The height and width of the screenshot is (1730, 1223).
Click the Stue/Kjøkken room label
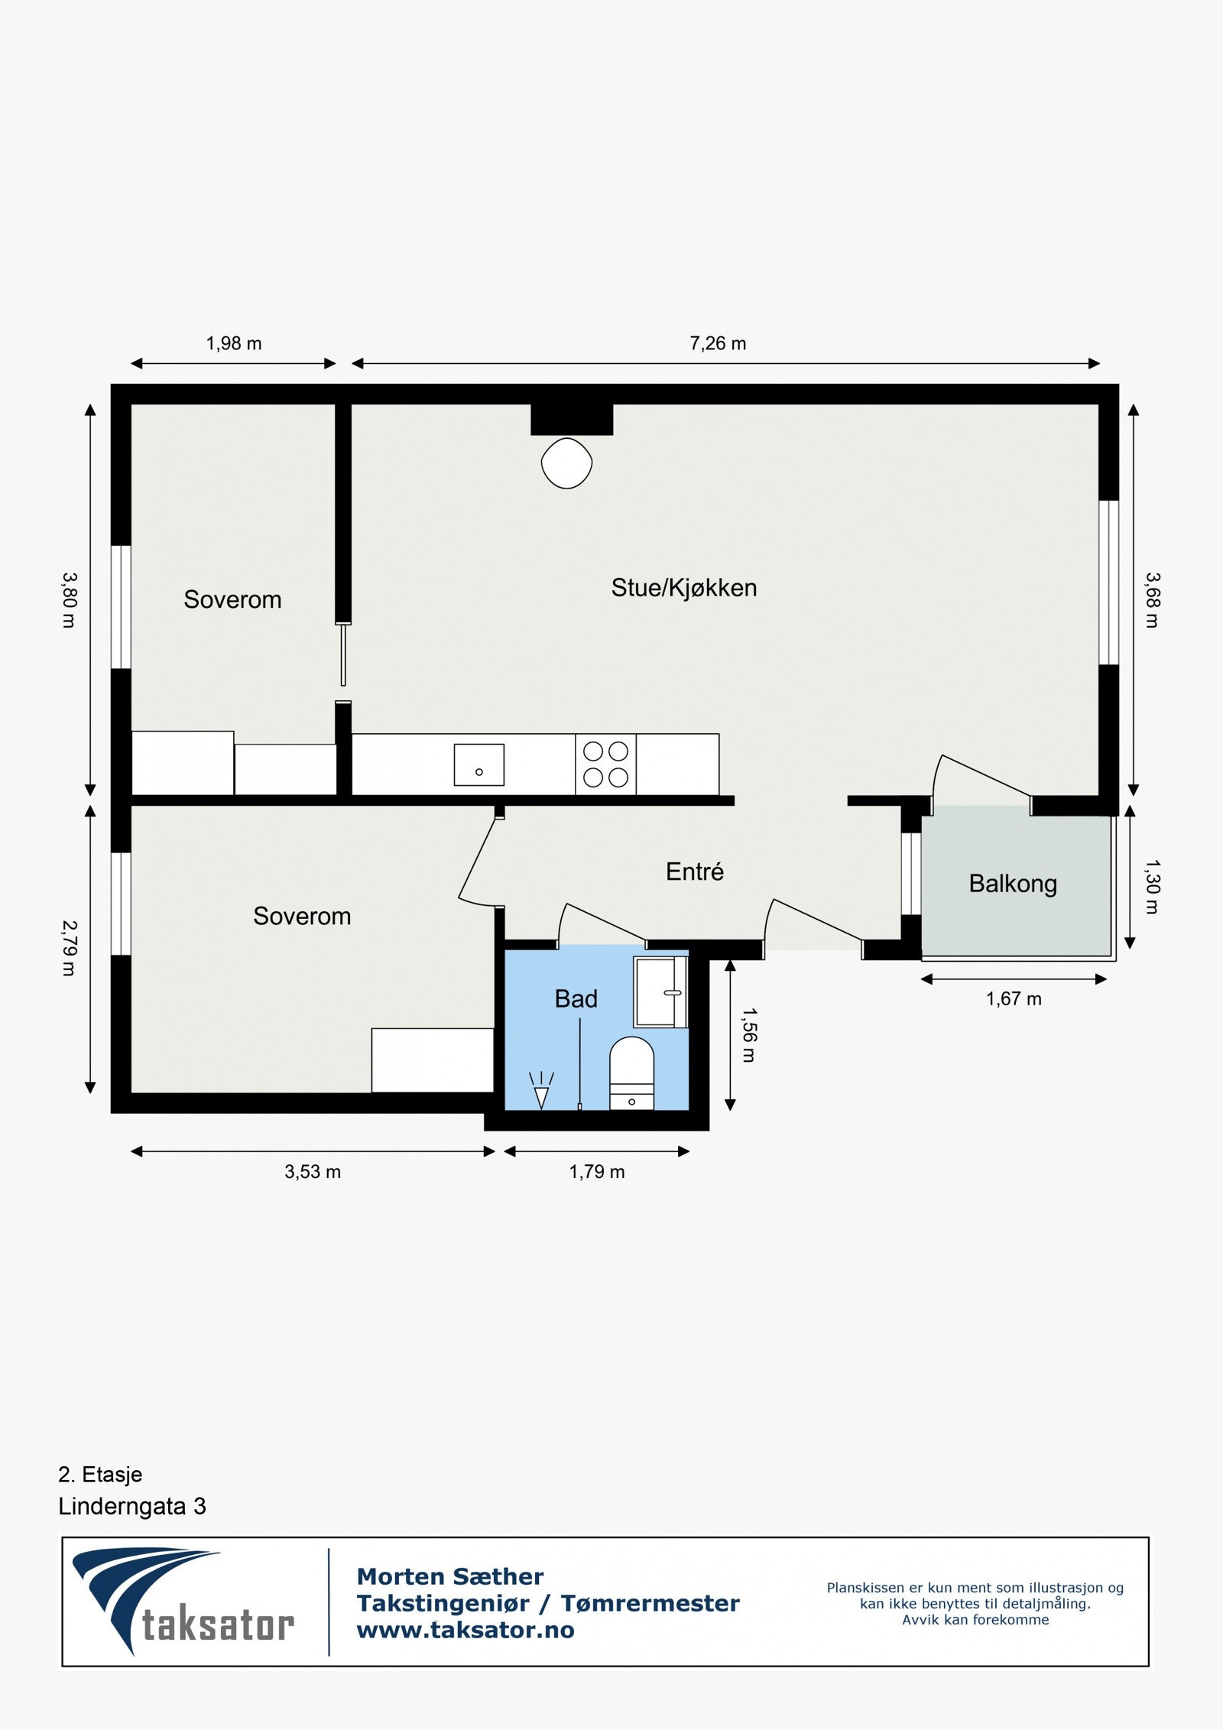[x=683, y=588]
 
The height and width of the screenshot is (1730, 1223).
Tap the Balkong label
[x=1013, y=884]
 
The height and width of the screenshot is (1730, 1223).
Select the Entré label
[x=694, y=871]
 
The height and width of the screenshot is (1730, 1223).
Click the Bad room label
[x=576, y=998]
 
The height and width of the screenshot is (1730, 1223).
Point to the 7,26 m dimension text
[x=718, y=343]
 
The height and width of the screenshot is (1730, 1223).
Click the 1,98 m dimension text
[x=233, y=343]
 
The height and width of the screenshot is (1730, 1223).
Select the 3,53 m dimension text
[x=313, y=1172]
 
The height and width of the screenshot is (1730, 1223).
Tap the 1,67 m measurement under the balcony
[x=1014, y=998]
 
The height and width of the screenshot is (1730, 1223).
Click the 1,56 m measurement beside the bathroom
[x=749, y=1035]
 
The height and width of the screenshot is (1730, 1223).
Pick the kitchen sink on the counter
[x=478, y=764]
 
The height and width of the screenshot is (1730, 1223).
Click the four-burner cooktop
[x=605, y=764]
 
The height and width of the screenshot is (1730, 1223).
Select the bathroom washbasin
[x=660, y=992]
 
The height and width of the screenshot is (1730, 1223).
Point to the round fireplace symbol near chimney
[x=566, y=463]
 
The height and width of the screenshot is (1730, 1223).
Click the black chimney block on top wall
[x=572, y=419]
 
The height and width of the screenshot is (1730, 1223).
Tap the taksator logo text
[x=218, y=1625]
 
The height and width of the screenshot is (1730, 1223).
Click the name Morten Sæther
[x=450, y=1576]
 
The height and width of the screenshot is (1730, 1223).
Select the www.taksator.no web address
[x=466, y=1630]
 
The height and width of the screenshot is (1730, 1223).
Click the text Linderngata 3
[x=132, y=1506]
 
